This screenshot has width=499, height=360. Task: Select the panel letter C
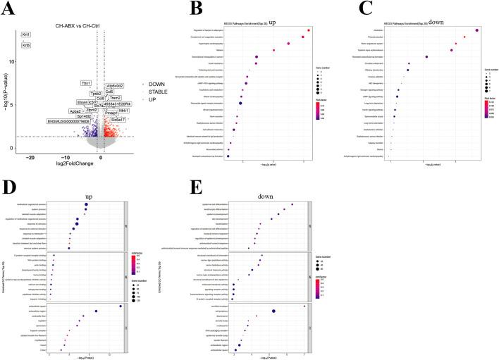point(344,8)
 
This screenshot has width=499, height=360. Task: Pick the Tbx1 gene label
point(86,83)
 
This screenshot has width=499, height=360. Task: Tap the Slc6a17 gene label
point(118,120)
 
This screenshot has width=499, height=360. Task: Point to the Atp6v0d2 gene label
point(116,85)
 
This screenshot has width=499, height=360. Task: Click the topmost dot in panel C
point(477,30)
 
